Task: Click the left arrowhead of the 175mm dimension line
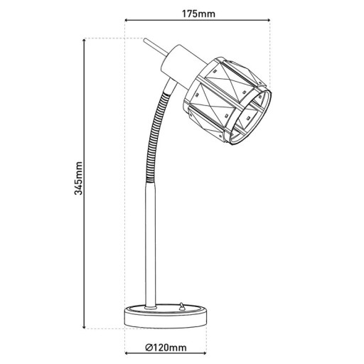point(129,21)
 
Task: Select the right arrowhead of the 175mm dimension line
point(269,21)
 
